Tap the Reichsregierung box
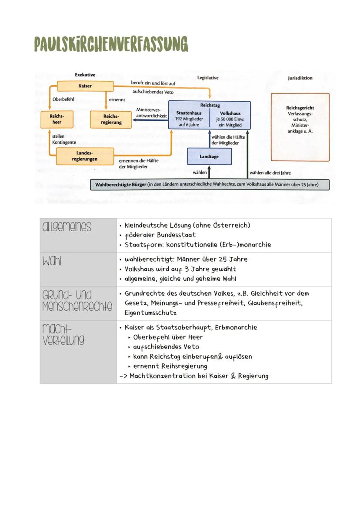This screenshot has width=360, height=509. pyautogui.click(x=110, y=120)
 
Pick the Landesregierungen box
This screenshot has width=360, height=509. pyautogui.click(x=84, y=156)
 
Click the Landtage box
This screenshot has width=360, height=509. pyautogui.click(x=209, y=156)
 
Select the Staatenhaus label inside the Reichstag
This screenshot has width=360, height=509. pyautogui.click(x=188, y=113)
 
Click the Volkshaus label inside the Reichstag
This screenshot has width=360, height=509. pyautogui.click(x=230, y=113)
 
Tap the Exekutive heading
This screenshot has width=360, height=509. pyautogui.click(x=85, y=75)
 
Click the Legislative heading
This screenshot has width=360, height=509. pyautogui.click(x=208, y=78)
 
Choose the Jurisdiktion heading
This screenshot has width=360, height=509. pyautogui.click(x=300, y=78)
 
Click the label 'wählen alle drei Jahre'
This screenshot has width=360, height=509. pyautogui.click(x=270, y=173)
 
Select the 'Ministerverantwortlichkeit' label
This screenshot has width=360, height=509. pyautogui.click(x=151, y=113)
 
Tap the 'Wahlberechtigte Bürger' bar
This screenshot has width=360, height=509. pyautogui.click(x=210, y=184)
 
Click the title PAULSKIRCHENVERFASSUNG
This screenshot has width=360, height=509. pyautogui.click(x=111, y=44)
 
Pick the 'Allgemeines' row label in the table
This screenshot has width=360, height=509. pyautogui.click(x=67, y=227)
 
